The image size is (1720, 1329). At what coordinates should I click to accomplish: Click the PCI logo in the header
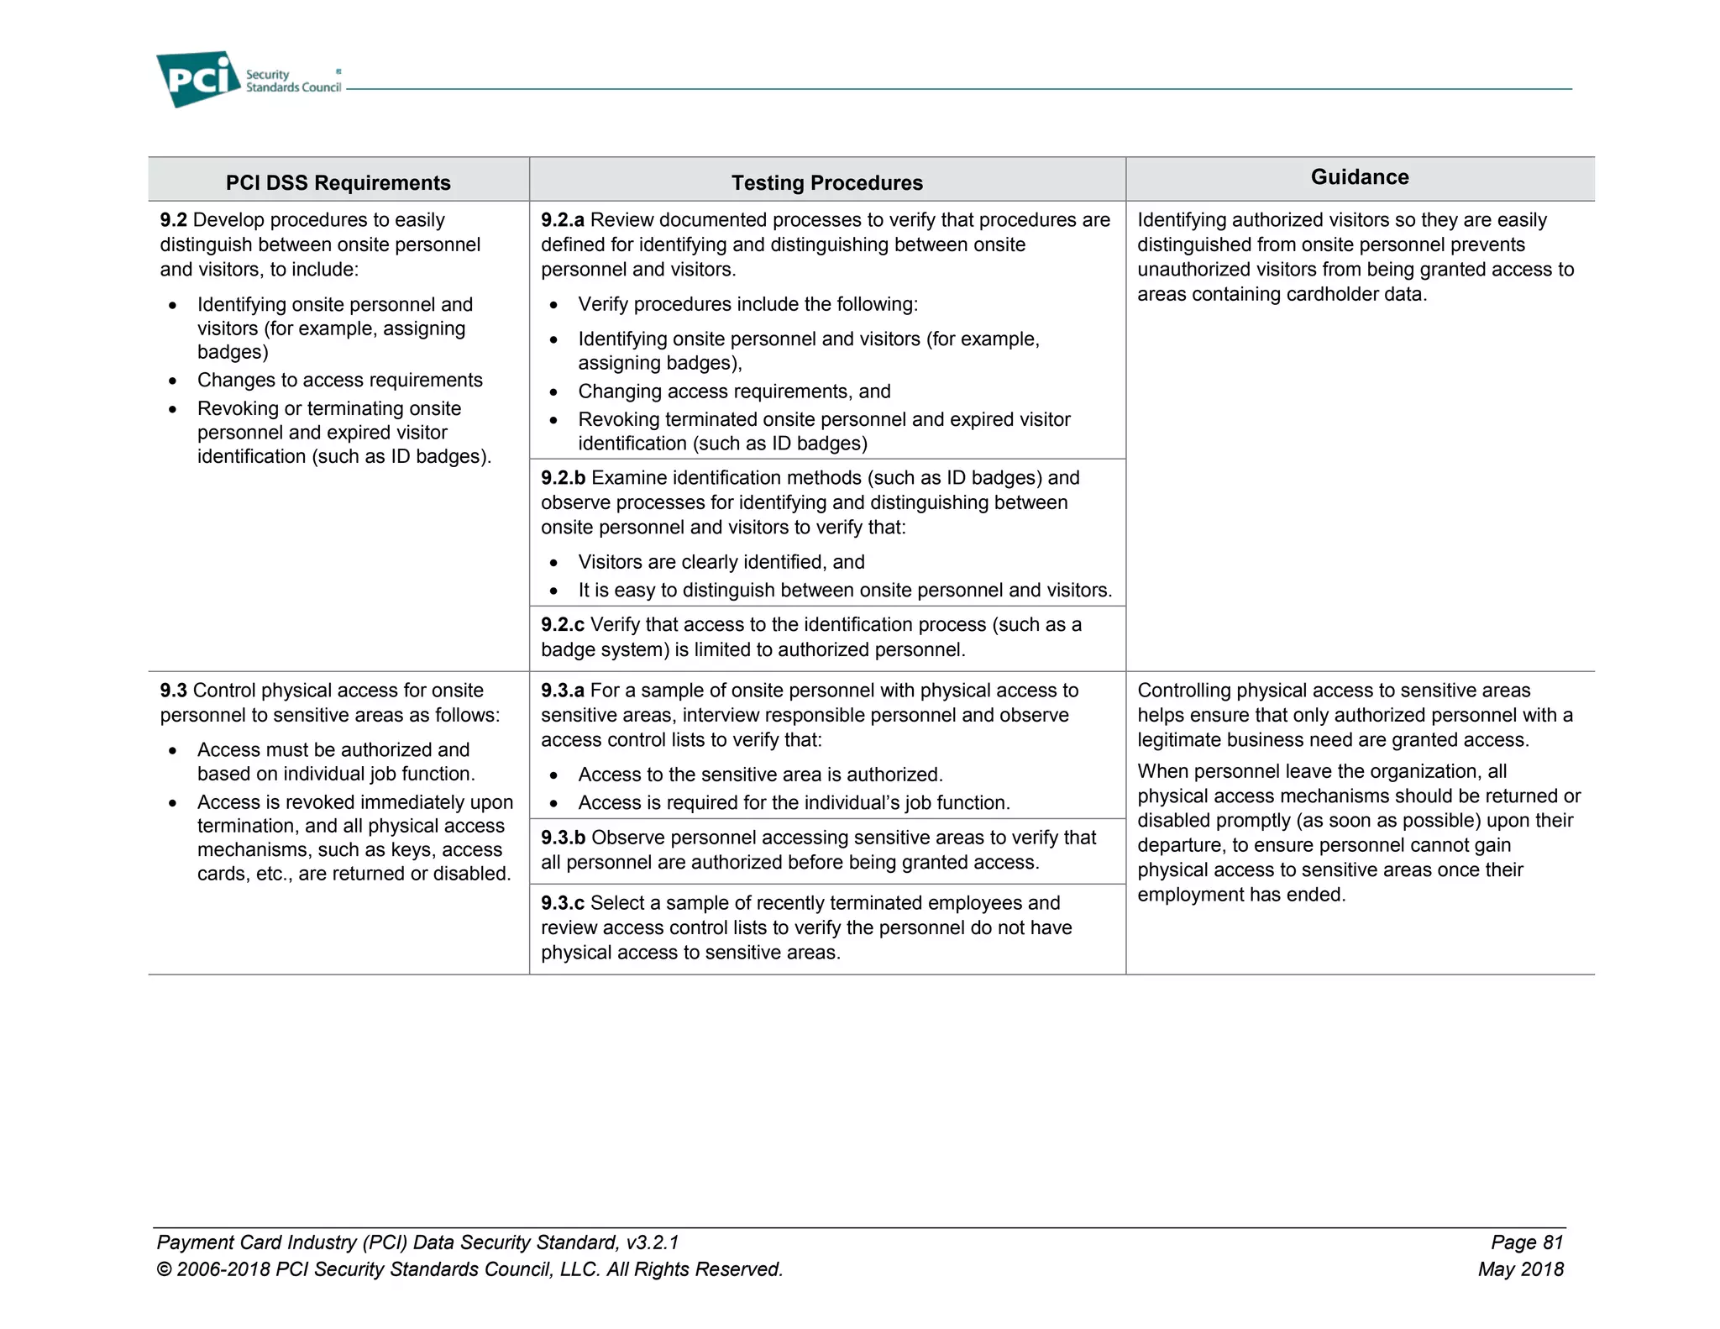198,79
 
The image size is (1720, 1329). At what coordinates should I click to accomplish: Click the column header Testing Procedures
826,182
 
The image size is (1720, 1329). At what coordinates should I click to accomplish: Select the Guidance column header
1359,176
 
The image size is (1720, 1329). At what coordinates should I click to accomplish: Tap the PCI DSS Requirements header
338,182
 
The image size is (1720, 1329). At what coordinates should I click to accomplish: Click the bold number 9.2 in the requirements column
173,220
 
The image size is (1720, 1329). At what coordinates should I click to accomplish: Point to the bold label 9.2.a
562,220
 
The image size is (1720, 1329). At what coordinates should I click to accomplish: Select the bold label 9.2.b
563,478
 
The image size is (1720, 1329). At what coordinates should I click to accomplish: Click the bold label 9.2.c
562,625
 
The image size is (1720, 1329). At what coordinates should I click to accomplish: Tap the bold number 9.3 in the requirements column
173,691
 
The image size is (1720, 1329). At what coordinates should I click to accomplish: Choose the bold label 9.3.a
562,691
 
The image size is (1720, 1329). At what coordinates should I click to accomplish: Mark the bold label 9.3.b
563,838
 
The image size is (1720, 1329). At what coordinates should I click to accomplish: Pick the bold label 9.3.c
562,903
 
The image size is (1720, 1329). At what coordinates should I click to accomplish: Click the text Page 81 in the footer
1526,1242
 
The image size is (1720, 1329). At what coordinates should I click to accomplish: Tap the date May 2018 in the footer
1520,1269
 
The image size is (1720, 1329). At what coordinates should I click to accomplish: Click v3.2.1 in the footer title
653,1242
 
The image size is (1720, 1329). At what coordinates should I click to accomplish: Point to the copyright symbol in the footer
165,1269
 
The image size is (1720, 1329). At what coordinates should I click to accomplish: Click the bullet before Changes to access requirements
172,381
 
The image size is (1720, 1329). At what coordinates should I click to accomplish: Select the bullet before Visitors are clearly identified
553,563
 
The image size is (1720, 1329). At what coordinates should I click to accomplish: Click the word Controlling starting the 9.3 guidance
1183,691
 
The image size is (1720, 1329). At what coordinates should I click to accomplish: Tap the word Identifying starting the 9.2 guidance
1181,220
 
